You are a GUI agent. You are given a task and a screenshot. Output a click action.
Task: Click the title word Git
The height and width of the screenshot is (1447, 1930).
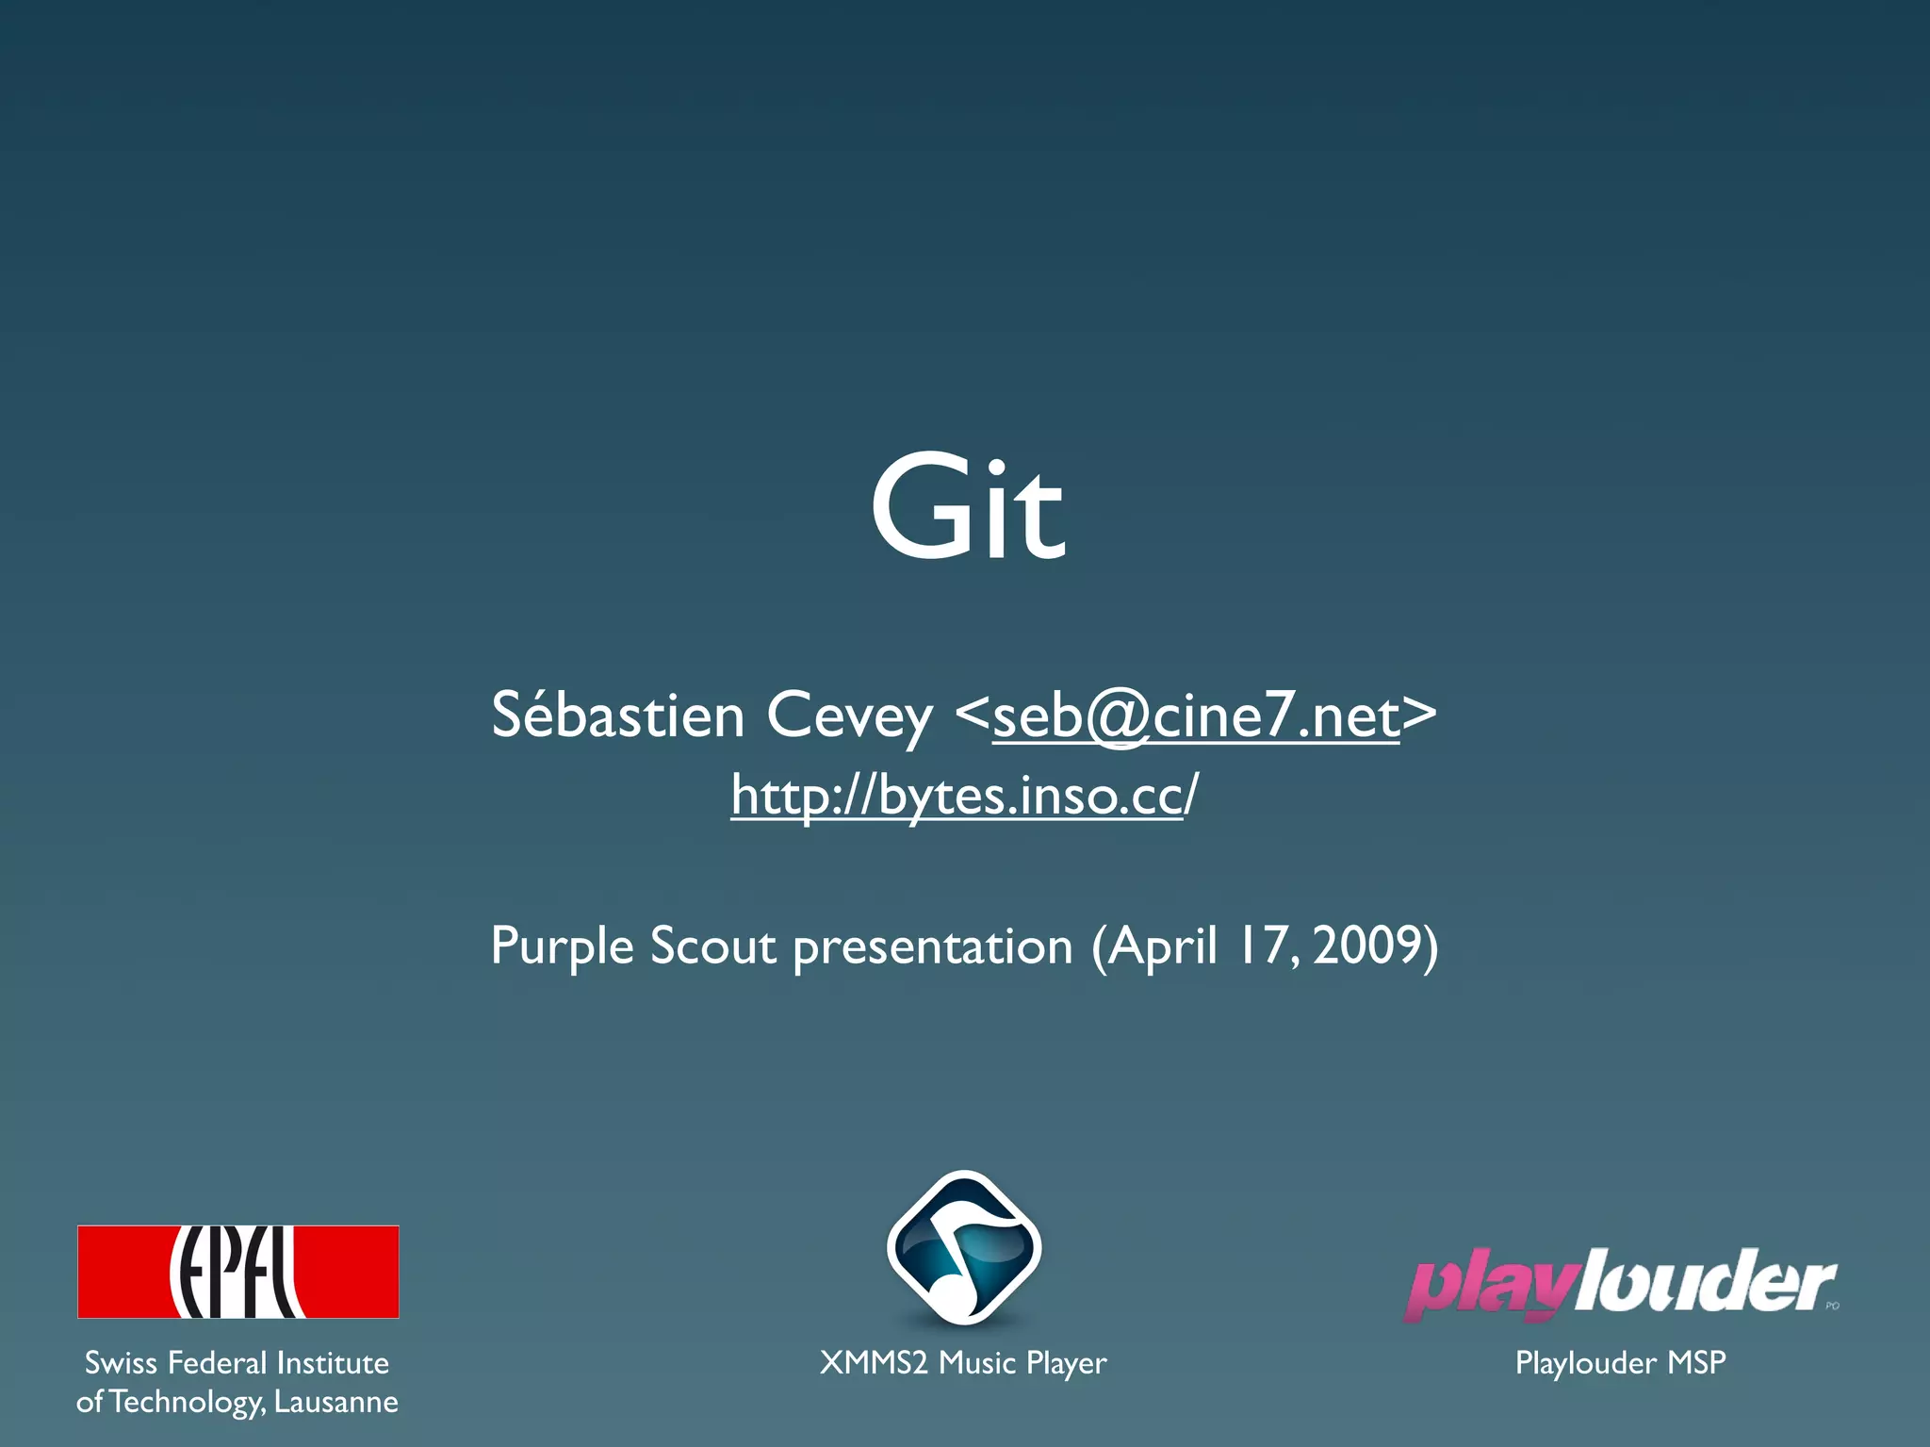point(967,509)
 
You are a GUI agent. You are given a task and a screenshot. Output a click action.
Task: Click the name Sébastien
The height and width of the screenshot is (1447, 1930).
point(617,715)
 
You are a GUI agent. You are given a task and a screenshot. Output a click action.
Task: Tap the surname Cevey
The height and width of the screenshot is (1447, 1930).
point(848,715)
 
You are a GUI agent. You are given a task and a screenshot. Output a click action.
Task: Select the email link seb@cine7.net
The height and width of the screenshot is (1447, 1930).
point(1195,715)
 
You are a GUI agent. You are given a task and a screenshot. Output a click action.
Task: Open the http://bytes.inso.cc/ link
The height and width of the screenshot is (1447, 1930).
point(963,795)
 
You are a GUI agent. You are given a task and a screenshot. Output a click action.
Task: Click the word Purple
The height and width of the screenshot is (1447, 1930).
point(562,946)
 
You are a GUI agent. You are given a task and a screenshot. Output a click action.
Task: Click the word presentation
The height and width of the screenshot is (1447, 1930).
point(932,946)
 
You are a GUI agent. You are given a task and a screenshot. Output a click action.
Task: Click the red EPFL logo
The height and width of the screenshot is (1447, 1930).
point(237,1271)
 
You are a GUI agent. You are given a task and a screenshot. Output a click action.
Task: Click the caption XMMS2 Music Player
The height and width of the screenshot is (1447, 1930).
point(963,1363)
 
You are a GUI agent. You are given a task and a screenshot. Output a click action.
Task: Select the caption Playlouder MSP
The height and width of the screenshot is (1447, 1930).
point(1620,1362)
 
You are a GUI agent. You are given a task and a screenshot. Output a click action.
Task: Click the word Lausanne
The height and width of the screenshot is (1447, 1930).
point(335,1402)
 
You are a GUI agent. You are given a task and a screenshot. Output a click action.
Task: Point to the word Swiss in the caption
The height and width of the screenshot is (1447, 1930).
point(121,1362)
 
